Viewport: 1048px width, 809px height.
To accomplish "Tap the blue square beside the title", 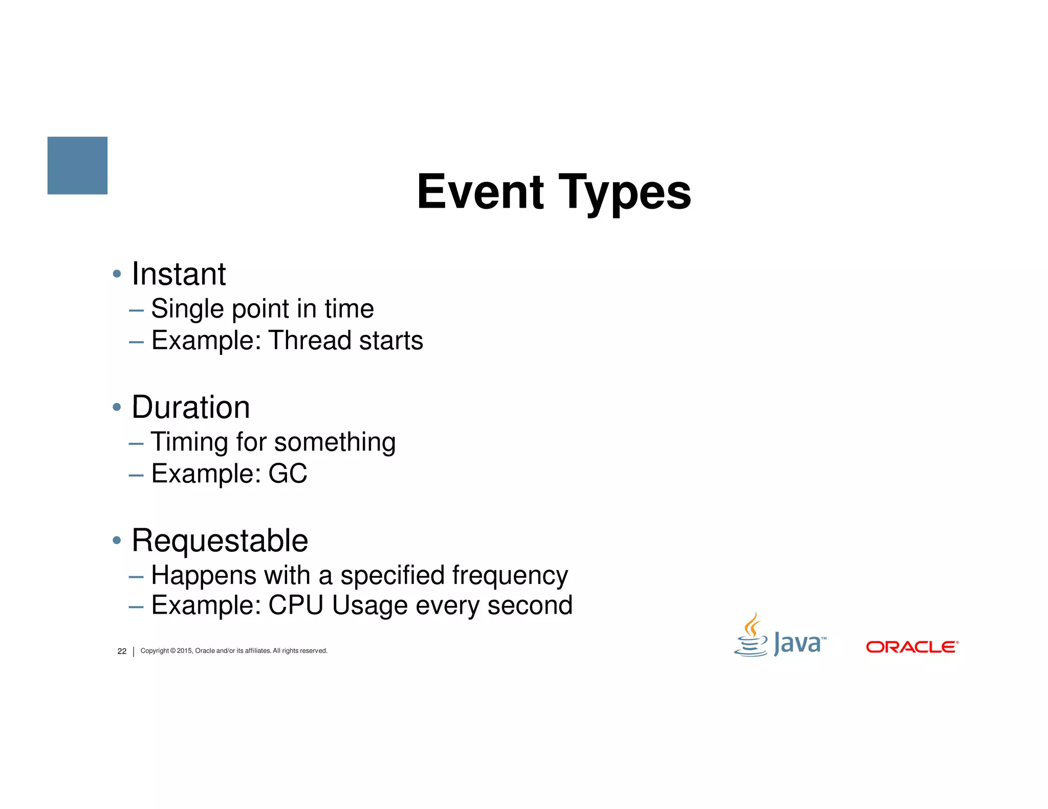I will tap(77, 165).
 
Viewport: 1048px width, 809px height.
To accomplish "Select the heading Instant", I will tap(179, 274).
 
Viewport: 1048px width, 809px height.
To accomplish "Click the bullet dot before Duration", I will tap(117, 408).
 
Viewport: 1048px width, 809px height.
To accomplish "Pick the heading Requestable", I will tap(220, 541).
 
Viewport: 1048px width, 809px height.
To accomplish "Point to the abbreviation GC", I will tap(288, 474).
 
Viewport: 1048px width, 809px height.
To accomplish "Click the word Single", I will tap(187, 309).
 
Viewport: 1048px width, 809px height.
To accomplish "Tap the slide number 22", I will tap(122, 651).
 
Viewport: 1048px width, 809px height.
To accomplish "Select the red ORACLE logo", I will tap(912, 647).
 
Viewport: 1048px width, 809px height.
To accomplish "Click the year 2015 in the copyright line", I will tap(184, 651).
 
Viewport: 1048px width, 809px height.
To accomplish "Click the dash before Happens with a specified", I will tap(136, 577).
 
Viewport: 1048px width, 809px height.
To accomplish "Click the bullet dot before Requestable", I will tap(117, 541).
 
